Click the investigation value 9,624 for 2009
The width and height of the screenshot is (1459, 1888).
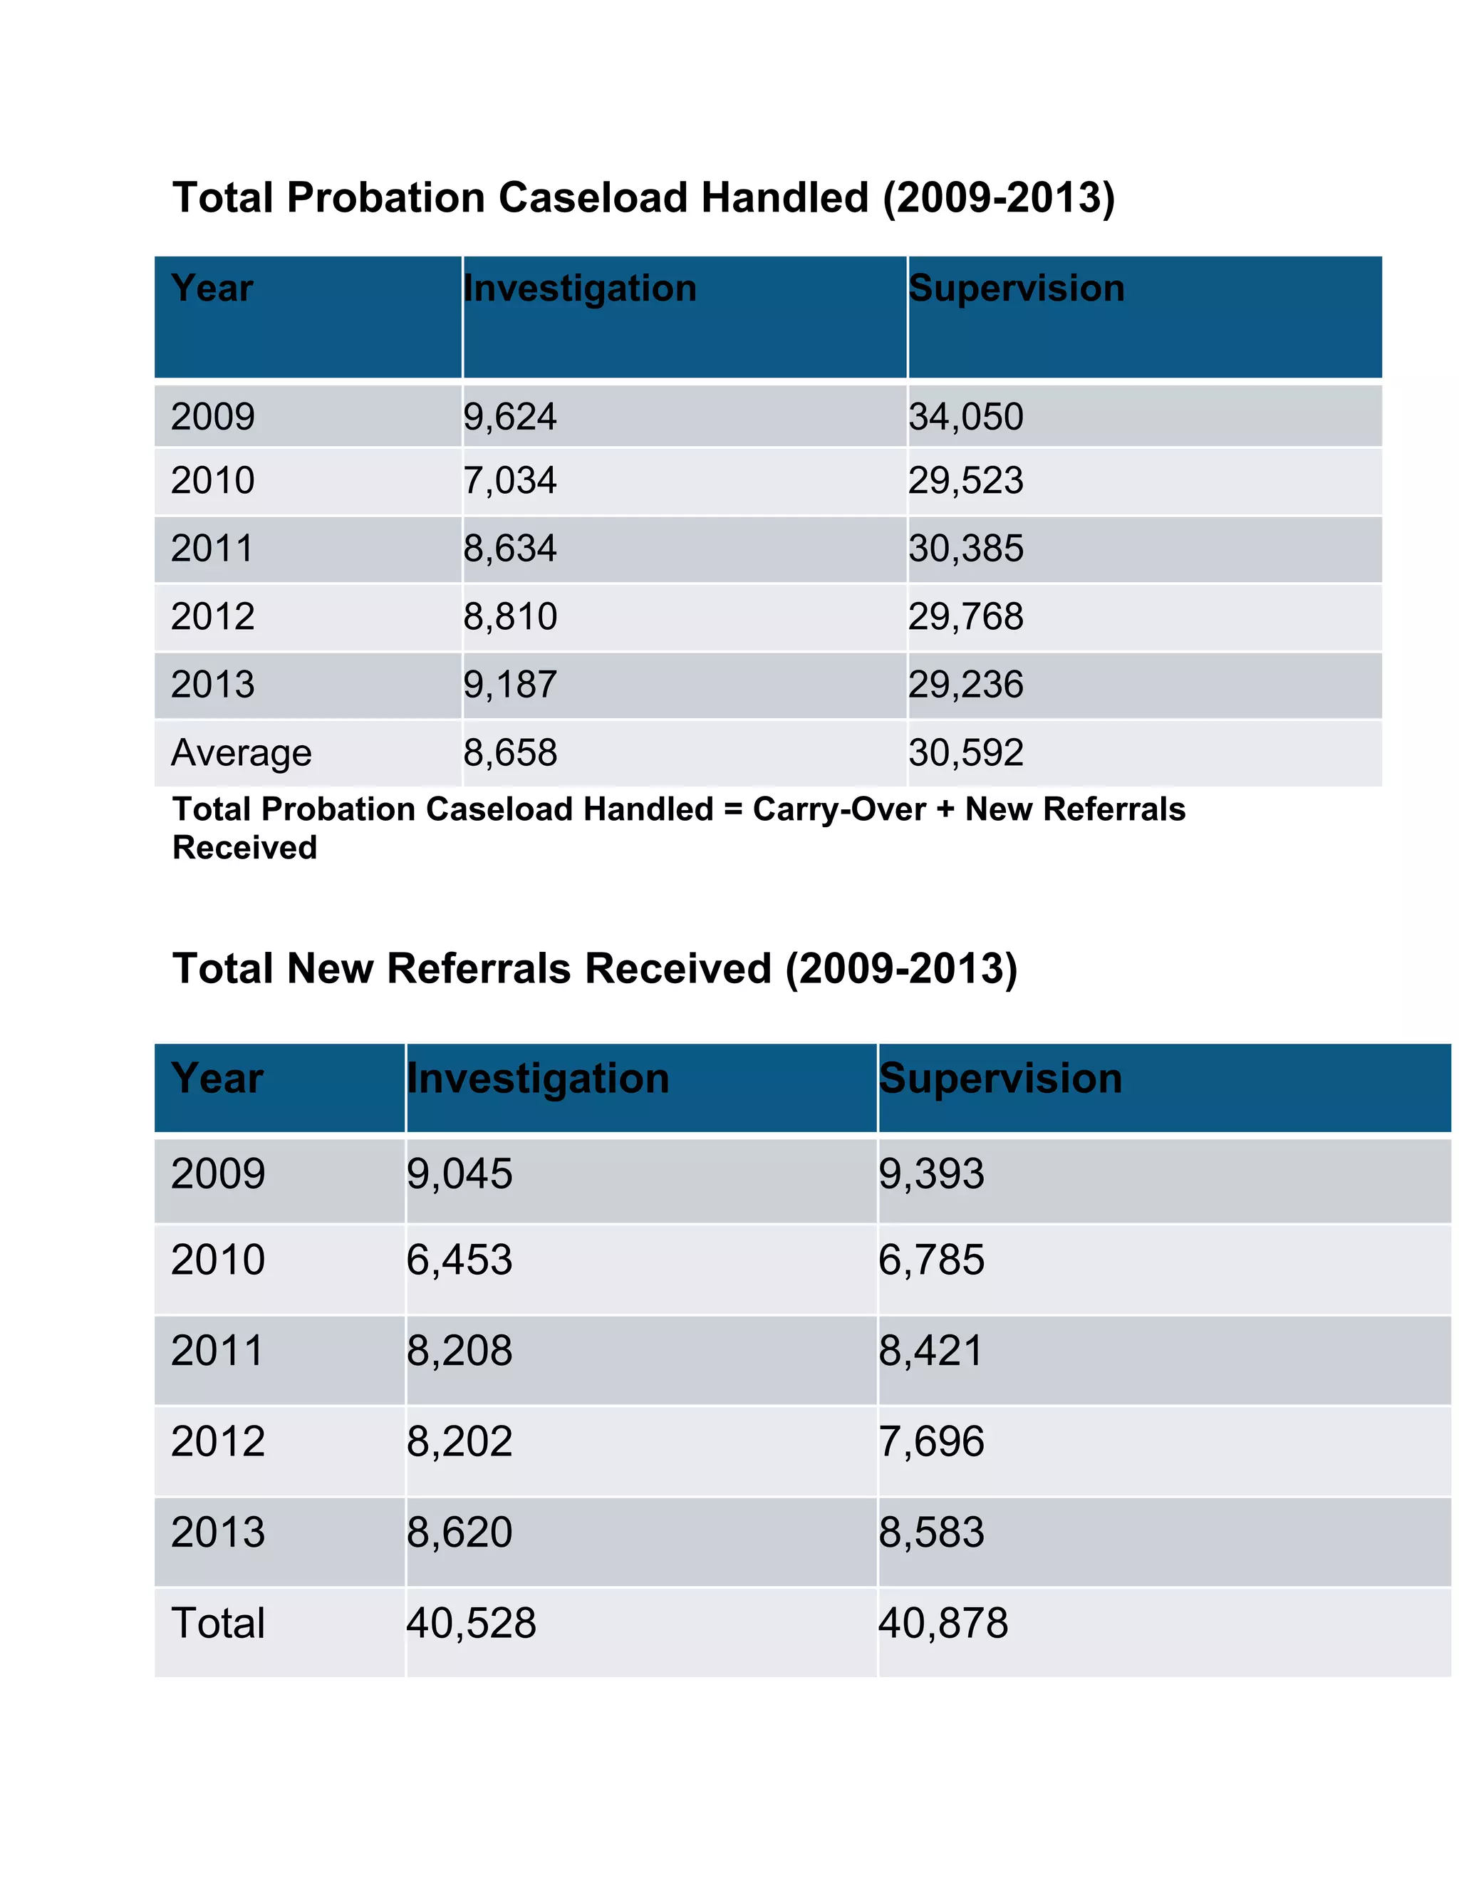510,417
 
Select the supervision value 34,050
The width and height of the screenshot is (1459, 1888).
965,417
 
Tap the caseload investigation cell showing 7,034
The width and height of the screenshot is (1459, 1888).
510,481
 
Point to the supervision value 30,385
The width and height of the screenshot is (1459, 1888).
965,549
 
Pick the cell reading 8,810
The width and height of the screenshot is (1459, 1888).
510,617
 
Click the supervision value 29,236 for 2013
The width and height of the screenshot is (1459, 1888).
965,685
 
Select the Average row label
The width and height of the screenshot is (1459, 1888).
242,753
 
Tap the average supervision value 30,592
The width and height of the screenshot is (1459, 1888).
965,753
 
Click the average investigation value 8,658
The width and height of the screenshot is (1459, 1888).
510,753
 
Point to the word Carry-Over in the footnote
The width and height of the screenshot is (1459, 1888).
838,810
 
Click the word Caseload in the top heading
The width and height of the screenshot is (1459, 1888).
596,198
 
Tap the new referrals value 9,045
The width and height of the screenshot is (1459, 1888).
459,1174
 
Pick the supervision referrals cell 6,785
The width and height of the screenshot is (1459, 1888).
931,1260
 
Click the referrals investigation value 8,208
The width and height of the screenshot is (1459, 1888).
459,1351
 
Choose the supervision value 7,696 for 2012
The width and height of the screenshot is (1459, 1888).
931,1442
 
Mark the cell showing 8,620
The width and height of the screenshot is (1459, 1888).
459,1532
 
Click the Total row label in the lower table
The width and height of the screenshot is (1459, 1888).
218,1624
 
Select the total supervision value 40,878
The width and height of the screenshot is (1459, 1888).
943,1624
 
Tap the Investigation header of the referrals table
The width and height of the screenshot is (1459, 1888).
538,1079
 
